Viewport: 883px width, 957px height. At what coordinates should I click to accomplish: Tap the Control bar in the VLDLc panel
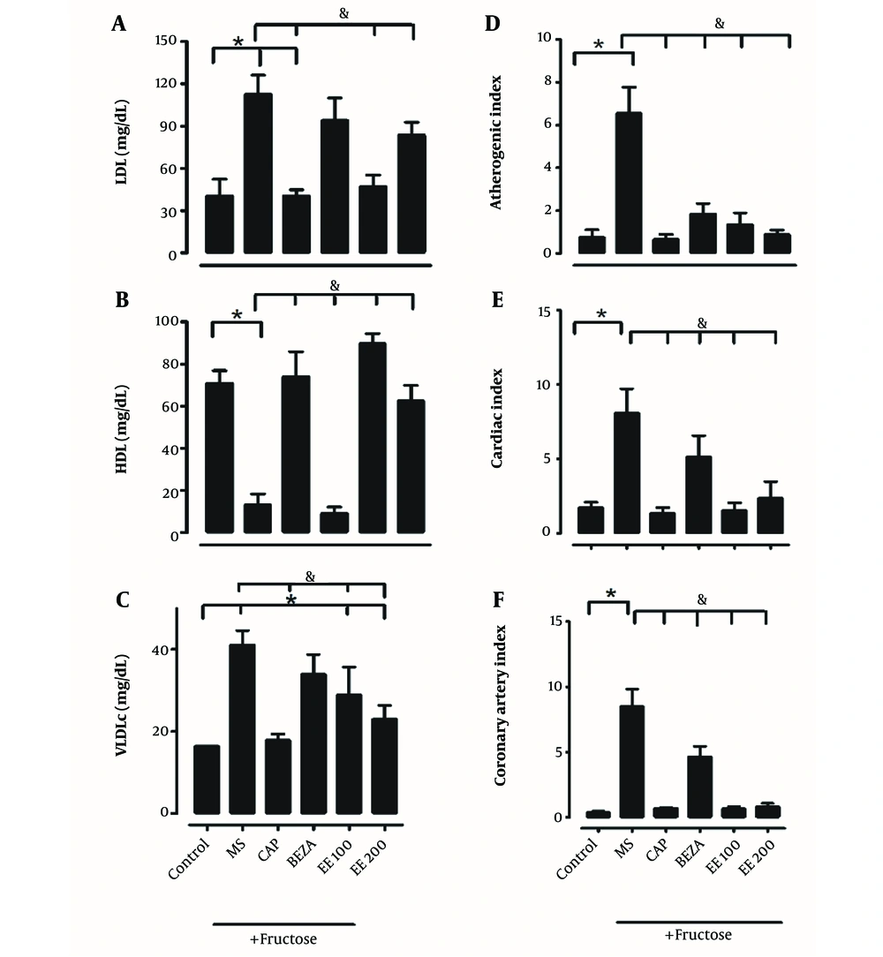coord(207,780)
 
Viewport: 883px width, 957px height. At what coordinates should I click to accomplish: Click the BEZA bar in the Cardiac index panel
coord(699,494)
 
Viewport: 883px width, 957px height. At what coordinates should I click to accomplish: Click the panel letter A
coord(117,25)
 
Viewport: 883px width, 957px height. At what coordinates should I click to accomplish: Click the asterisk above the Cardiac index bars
coord(602,315)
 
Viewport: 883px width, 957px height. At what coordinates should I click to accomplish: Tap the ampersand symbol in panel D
coord(720,23)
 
